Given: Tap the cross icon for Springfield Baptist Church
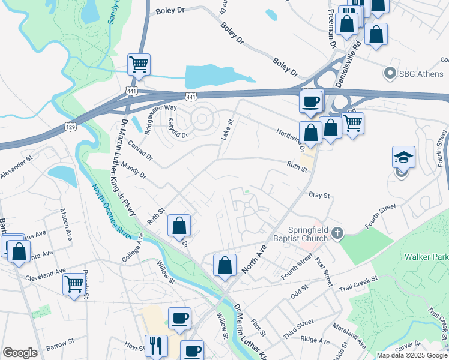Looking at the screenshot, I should click(338, 232).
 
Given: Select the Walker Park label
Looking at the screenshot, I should click(426, 257).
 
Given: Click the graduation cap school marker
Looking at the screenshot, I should click(404, 157).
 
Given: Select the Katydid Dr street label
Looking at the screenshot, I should click(178, 127).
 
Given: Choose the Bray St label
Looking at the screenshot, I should click(319, 196).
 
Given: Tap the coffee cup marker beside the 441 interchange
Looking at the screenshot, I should click(311, 101).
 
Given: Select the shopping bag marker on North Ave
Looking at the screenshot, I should click(224, 265).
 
